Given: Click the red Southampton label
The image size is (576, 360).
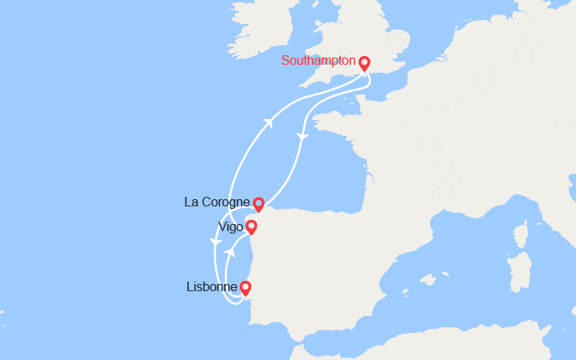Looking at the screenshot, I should pos(318,61).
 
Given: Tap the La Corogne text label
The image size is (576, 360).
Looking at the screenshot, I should pos(217,202).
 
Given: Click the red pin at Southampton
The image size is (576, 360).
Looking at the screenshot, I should pos(365,62).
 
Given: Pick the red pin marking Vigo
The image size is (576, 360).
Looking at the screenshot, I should pos(251,226).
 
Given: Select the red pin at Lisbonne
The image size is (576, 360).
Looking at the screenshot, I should pos(245,287).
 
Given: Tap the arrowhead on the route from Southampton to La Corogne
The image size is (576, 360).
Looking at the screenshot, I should pos(302,138).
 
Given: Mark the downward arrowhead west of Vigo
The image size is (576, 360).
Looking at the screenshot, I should pos(214,242).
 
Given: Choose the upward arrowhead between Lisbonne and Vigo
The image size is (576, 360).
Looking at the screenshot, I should pos(229,252).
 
